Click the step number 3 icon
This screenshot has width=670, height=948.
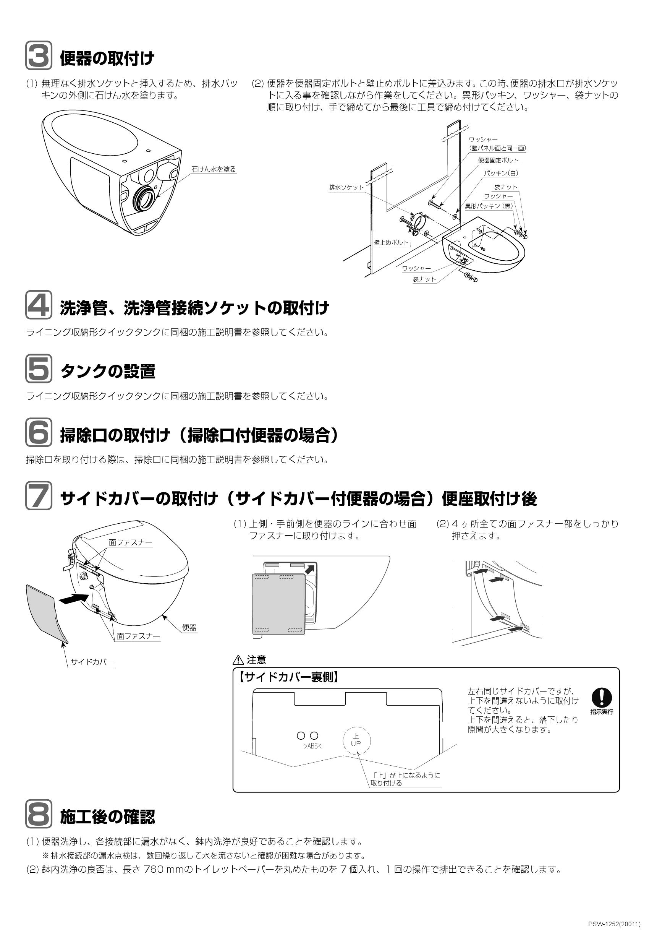39,55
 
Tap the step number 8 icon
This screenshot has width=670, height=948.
39,814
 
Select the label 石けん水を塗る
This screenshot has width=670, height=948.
214,169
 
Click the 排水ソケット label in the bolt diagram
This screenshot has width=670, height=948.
346,187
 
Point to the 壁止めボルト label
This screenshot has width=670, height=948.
391,242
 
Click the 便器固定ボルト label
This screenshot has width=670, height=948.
498,160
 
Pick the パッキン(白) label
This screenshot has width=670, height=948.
501,174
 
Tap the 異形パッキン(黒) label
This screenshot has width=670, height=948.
489,206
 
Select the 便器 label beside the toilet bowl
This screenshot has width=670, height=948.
189,628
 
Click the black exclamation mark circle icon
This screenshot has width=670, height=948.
602,697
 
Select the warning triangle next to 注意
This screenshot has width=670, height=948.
239,660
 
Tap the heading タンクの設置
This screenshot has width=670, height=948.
108,371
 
